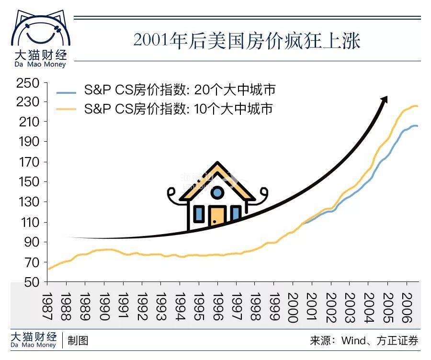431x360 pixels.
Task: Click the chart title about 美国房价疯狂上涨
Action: (247, 41)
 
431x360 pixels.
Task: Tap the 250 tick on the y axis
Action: (27, 83)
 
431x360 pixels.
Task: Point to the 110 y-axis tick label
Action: (27, 222)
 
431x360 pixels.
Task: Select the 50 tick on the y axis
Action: (31, 282)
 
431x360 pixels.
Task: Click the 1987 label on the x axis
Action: (47, 306)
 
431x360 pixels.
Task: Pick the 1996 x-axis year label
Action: (217, 306)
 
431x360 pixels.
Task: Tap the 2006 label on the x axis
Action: (406, 306)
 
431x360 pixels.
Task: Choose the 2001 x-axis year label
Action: (312, 306)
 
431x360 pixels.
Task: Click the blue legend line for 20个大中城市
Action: (66, 91)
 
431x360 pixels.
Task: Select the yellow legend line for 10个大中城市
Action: (66, 110)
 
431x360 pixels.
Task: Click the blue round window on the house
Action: (217, 192)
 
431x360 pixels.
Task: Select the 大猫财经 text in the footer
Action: (34, 337)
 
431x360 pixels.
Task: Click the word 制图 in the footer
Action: (78, 340)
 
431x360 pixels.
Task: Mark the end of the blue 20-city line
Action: (417, 126)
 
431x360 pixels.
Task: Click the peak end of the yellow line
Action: (417, 106)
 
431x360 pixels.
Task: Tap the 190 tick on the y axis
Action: (27, 142)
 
